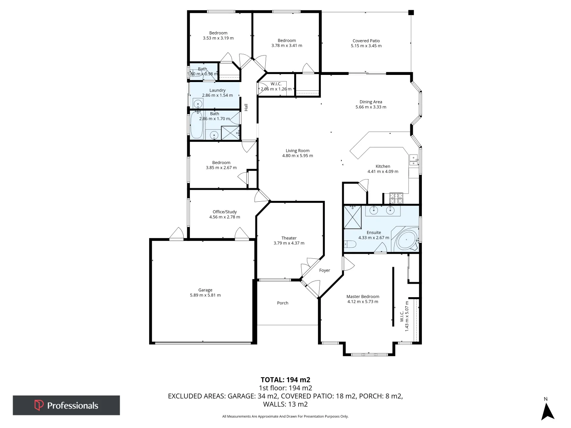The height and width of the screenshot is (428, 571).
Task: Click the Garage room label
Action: point(205,290)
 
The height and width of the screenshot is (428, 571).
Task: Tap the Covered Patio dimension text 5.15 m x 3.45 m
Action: point(366,46)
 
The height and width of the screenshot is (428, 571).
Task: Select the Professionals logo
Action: point(66,405)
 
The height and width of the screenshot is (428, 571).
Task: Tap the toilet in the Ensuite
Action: point(350,244)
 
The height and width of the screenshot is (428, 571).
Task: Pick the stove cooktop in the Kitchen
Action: point(396,198)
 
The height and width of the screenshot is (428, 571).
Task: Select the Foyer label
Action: point(324,270)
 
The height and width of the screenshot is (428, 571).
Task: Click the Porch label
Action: point(282,303)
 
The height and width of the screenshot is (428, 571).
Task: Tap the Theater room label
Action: point(289,238)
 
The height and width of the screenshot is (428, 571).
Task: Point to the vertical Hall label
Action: point(246,107)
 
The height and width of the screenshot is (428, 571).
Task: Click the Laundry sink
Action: point(198,103)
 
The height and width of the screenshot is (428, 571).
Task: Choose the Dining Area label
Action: point(371,102)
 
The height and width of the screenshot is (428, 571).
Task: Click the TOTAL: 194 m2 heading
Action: point(285,380)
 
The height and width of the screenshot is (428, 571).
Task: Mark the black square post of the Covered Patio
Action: point(411,12)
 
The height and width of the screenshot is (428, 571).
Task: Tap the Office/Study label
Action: point(224,212)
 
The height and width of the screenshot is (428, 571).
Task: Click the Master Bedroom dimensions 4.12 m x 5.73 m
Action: point(363,302)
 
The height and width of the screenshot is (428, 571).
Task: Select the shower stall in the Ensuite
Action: point(353,217)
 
